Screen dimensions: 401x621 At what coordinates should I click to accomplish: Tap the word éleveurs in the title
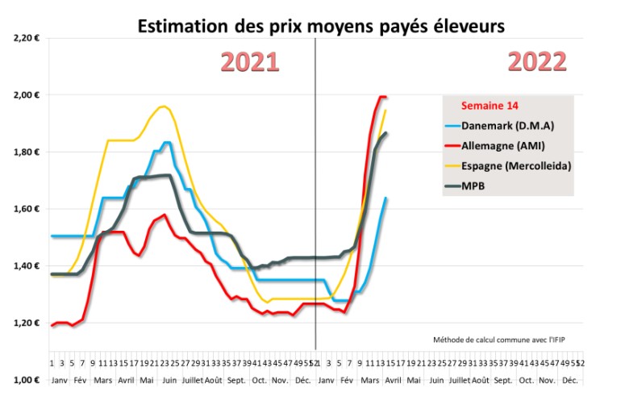pyautogui.click(x=466, y=27)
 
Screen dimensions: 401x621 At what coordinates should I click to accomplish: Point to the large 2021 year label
pyautogui.click(x=250, y=62)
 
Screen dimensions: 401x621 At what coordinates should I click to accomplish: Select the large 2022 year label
pyautogui.click(x=536, y=62)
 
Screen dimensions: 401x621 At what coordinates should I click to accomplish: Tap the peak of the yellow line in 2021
pyautogui.click(x=164, y=107)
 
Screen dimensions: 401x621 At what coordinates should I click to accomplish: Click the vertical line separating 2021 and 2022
pyautogui.click(x=315, y=202)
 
